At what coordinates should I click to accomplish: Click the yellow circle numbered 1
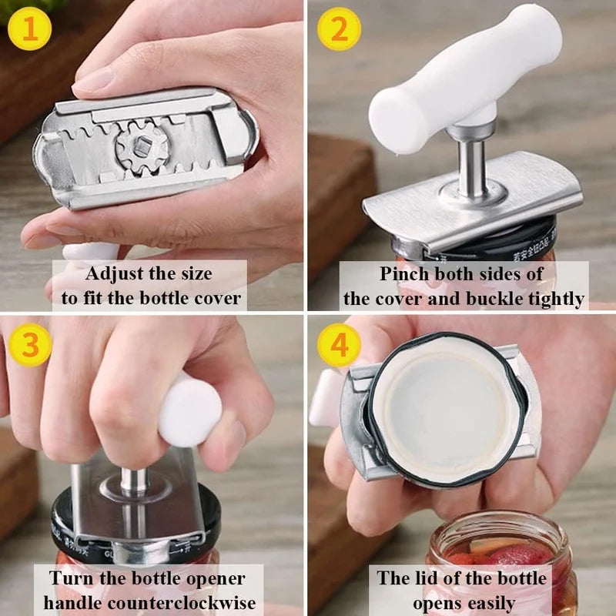pyautogui.click(x=30, y=30)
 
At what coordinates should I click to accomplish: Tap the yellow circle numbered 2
pyautogui.click(x=340, y=30)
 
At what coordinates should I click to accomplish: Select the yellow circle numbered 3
pyautogui.click(x=30, y=346)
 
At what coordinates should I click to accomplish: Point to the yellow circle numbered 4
pyautogui.click(x=340, y=346)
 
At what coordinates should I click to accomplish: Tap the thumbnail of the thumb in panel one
pyautogui.click(x=92, y=81)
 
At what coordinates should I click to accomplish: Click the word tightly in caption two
pyautogui.click(x=554, y=298)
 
